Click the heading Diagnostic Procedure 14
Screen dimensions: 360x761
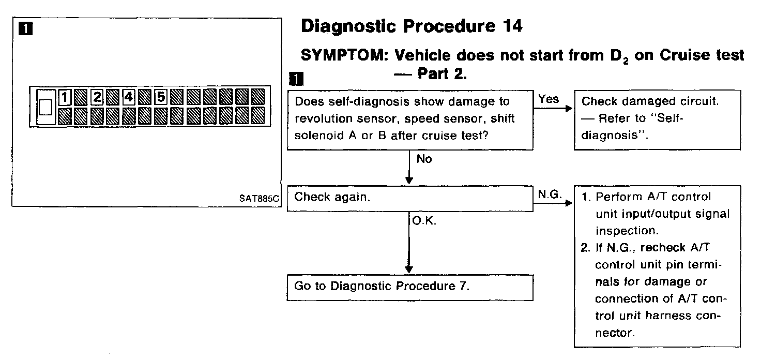[x=411, y=27]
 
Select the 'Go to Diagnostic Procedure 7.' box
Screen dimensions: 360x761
[x=409, y=287]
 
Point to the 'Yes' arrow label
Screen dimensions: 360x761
[x=549, y=98]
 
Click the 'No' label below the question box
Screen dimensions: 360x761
[x=424, y=159]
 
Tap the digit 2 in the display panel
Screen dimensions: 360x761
[x=97, y=97]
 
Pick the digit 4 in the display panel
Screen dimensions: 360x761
[x=129, y=97]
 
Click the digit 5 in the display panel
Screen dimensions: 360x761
[x=161, y=97]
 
